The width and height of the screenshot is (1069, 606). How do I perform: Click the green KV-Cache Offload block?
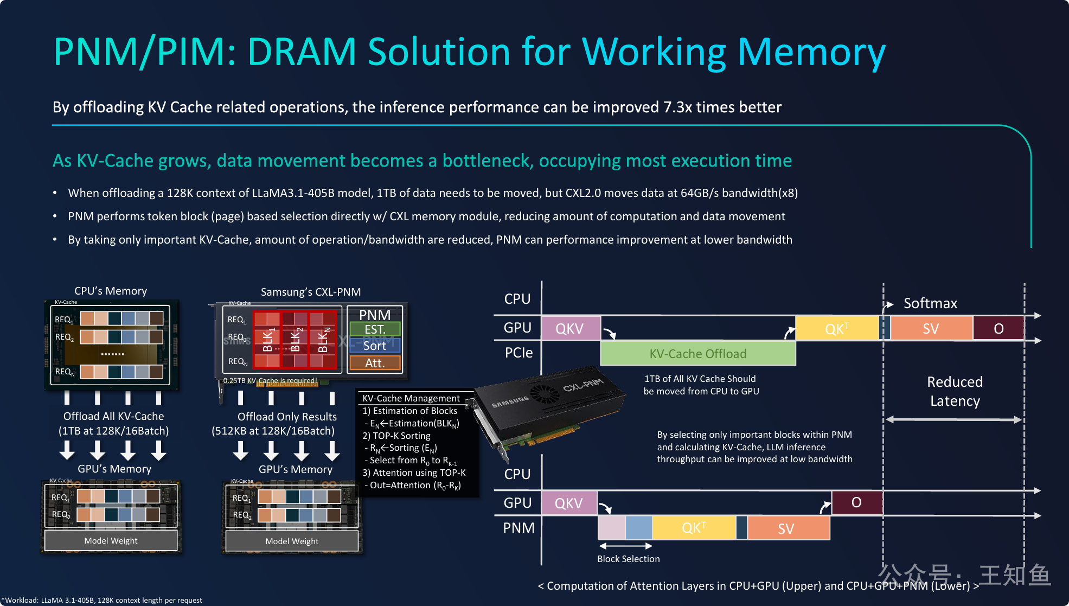pyautogui.click(x=697, y=354)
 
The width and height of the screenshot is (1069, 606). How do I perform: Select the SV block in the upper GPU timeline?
pyautogui.click(x=931, y=328)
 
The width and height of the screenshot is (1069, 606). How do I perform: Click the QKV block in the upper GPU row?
pyautogui.click(x=570, y=328)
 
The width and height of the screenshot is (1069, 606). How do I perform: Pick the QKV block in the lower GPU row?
pyautogui.click(x=569, y=503)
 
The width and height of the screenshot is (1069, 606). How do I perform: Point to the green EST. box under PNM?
pyautogui.click(x=375, y=329)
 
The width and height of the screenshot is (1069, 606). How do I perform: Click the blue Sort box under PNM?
pyautogui.click(x=375, y=346)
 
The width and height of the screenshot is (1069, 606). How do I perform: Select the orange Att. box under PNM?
pyautogui.click(x=375, y=363)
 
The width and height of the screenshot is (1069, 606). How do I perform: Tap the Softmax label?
pyautogui.click(x=930, y=303)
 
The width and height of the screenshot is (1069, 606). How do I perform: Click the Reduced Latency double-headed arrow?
pyautogui.click(x=954, y=419)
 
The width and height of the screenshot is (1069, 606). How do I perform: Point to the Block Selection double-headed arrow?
pyautogui.click(x=625, y=546)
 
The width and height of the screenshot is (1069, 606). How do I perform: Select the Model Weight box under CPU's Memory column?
pyautogui.click(x=111, y=540)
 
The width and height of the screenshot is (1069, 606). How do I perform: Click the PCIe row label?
pyautogui.click(x=519, y=353)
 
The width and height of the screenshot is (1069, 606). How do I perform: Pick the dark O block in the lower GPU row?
pyautogui.click(x=856, y=502)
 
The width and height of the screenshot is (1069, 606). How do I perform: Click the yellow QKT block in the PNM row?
pyautogui.click(x=694, y=528)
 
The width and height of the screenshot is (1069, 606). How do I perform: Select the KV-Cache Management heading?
pyautogui.click(x=411, y=398)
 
